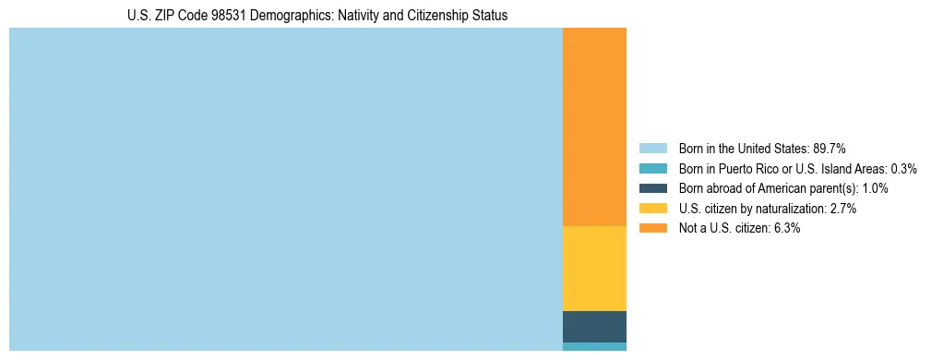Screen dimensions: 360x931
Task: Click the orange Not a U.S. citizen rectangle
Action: pos(594,126)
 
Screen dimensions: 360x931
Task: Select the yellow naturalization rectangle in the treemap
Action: pos(594,268)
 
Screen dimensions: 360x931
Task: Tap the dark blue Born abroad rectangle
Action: pos(594,327)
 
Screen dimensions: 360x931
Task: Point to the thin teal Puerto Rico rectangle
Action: pos(594,347)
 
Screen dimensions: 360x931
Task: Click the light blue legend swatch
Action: pos(652,148)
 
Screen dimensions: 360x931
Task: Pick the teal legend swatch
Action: pos(652,168)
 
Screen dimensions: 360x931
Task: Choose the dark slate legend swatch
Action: pos(652,188)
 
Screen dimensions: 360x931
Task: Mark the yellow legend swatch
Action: pos(652,209)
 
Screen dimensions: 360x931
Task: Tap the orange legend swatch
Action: pos(652,229)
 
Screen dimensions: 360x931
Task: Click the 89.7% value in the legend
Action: pos(829,148)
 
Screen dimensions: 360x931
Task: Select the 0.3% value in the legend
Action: pos(903,168)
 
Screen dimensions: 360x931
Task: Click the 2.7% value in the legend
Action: pos(843,209)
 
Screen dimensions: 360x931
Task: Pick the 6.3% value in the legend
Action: pos(786,229)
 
